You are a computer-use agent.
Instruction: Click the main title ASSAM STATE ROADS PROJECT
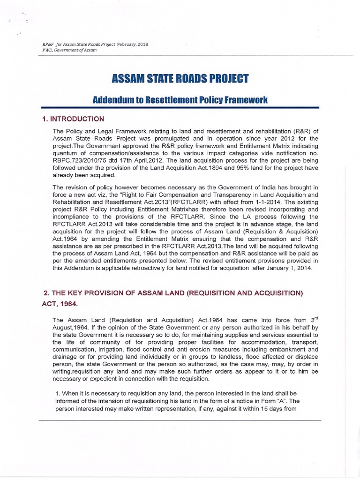tap(180, 79)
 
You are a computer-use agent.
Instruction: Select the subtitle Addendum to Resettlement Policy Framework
tap(180, 101)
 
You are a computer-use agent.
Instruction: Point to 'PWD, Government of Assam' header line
tap(69, 50)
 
